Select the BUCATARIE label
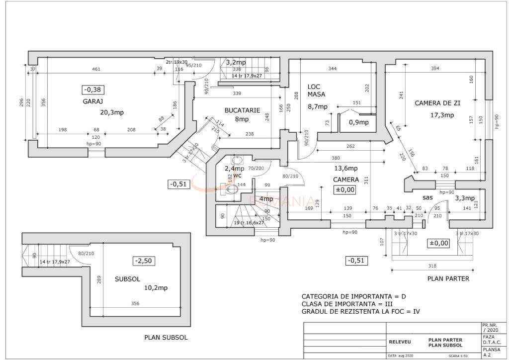click(242, 110)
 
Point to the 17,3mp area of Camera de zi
click(442, 115)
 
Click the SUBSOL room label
click(127, 279)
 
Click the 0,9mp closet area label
click(358, 122)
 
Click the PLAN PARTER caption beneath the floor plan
click(448, 278)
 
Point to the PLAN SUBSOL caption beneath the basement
click(166, 337)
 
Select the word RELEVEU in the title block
click(400, 342)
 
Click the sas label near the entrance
click(427, 197)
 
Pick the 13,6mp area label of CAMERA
click(346, 168)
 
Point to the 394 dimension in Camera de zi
click(435, 68)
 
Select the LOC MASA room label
click(317, 90)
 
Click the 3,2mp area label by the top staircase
click(236, 63)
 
